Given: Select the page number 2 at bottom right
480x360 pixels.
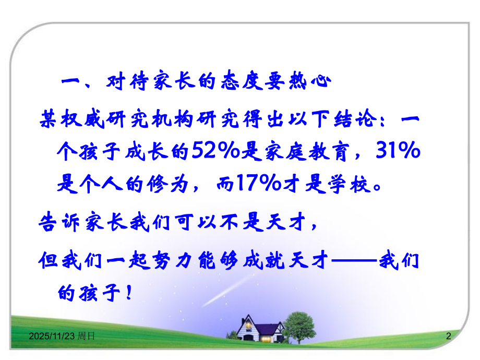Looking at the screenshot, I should [x=448, y=338].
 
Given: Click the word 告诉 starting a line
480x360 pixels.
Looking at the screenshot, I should [x=57, y=223].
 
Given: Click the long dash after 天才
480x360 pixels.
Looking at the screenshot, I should [x=354, y=259].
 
